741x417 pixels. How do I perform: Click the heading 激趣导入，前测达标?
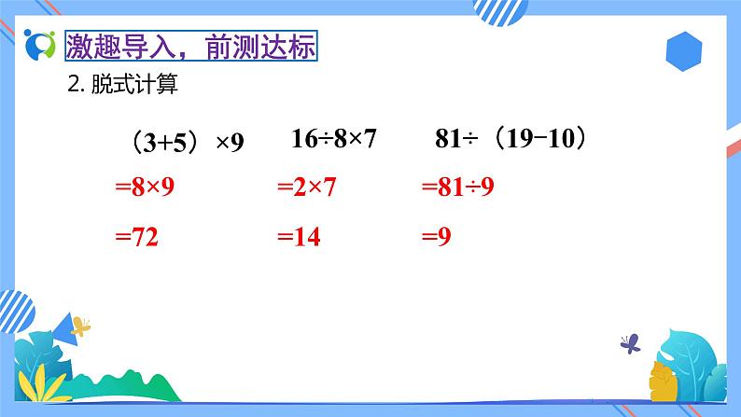(192, 47)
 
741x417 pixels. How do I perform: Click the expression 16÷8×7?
(333, 139)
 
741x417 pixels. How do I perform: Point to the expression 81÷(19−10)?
(514, 139)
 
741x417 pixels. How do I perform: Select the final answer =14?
(299, 238)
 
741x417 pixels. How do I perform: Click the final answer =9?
(437, 238)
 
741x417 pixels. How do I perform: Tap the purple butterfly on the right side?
(632, 342)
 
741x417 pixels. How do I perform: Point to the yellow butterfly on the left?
(81, 327)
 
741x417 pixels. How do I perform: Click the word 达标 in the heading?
(293, 47)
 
